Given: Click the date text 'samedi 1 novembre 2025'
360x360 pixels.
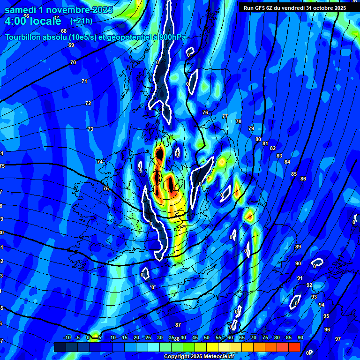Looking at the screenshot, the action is [x=59, y=10].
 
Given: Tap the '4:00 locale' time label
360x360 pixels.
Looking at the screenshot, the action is [x=33, y=21].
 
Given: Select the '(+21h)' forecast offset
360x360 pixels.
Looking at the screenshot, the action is [x=81, y=21].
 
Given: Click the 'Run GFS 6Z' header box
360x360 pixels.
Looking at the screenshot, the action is [x=294, y=7].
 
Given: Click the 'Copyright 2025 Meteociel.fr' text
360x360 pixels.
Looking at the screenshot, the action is [x=199, y=357].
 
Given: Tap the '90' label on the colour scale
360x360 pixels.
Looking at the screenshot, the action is [x=300, y=338].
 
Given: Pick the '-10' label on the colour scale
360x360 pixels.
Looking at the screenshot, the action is [x=67, y=338].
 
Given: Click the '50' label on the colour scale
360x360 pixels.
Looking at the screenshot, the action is [x=207, y=338].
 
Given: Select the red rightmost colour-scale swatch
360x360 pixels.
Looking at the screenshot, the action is [x=294, y=347].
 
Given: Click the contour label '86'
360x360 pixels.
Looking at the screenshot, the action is [x=303, y=179].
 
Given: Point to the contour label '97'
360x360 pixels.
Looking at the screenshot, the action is [x=338, y=339].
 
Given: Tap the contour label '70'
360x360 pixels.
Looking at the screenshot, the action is [x=73, y=62].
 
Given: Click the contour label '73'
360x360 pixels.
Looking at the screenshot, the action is [x=90, y=129].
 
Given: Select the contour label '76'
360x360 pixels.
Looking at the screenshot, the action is [x=205, y=112].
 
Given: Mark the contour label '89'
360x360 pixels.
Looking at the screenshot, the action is [x=298, y=247].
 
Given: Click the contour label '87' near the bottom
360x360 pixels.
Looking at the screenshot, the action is [x=178, y=325].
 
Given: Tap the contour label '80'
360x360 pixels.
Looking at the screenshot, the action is [x=258, y=139].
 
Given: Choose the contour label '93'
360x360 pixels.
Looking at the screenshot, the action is [x=314, y=297].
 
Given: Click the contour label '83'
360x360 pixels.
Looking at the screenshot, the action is [x=279, y=156].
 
